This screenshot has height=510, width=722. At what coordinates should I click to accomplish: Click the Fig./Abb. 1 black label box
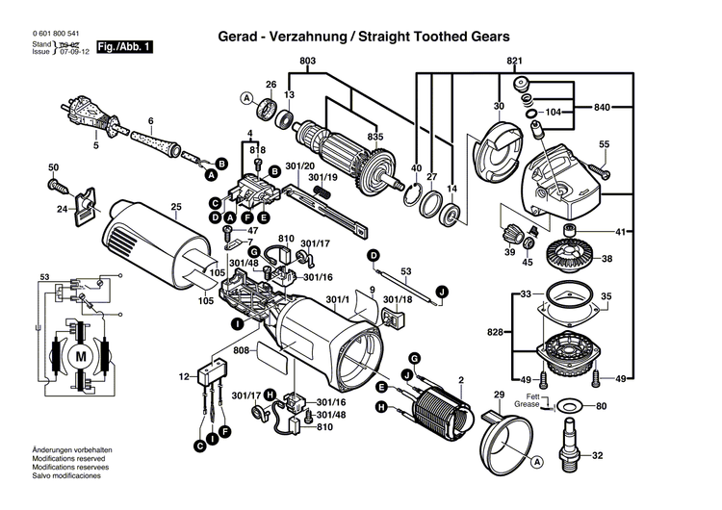(126, 46)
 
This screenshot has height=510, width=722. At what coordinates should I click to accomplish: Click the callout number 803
(307, 62)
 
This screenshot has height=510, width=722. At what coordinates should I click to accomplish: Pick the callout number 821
(514, 62)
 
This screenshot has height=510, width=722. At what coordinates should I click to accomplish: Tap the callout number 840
(603, 106)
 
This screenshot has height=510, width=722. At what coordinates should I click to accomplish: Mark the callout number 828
(494, 332)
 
